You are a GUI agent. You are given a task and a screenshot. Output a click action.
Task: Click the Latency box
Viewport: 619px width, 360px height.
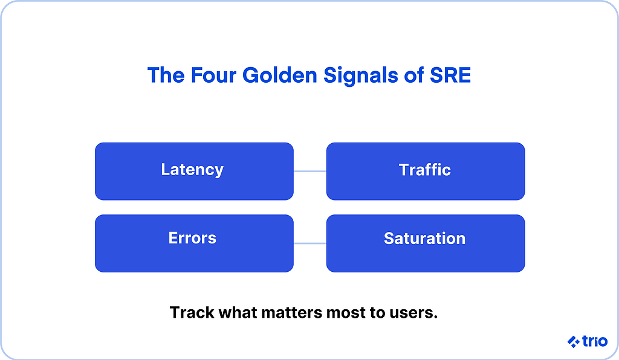pyautogui.click(x=194, y=171)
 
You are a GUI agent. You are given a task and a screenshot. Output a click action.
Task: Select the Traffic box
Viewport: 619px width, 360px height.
pyautogui.click(x=425, y=171)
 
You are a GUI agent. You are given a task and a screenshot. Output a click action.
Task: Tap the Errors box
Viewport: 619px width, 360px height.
pyautogui.click(x=194, y=243)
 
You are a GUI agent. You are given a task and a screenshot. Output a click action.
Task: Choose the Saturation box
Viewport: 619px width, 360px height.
pyautogui.click(x=425, y=243)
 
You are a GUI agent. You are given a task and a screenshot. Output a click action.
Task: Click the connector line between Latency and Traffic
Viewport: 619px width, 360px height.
pyautogui.click(x=309, y=171)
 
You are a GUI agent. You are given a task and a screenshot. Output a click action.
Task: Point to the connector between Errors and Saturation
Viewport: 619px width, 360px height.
pyautogui.click(x=309, y=243)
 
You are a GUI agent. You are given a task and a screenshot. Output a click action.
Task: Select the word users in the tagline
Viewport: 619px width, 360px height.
pyautogui.click(x=417, y=313)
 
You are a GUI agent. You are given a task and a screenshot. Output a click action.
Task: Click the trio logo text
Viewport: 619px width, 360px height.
pyautogui.click(x=595, y=342)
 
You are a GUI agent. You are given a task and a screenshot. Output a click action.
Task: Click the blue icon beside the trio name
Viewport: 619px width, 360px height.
pyautogui.click(x=573, y=342)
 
